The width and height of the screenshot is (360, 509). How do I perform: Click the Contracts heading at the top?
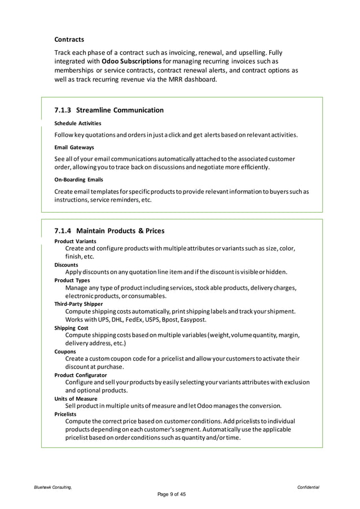[x=69, y=40]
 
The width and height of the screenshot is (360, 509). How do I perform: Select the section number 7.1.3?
[x=63, y=110]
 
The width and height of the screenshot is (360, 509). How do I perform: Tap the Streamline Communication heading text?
[x=120, y=110]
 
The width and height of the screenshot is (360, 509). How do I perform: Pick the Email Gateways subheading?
[x=74, y=147]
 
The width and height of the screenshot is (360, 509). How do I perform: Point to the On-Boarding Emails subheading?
[x=78, y=179]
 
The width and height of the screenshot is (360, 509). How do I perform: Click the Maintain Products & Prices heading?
[x=120, y=231]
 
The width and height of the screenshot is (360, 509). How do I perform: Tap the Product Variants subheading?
[x=75, y=241]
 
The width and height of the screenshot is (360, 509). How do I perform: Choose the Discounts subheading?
[x=66, y=264]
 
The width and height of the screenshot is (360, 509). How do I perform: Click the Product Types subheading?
[x=72, y=280]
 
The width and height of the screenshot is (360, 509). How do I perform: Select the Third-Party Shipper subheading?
[x=78, y=304]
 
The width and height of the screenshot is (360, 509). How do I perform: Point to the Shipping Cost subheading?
[x=71, y=327]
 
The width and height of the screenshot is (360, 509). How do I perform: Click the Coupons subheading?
[x=65, y=350]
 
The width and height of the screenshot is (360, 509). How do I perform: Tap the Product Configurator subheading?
[x=80, y=375]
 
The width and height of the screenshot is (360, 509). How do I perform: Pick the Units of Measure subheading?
[x=74, y=398]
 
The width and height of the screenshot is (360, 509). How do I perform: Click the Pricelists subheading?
[x=67, y=414]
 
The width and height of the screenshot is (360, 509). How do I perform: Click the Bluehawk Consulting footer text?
[x=51, y=487]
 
